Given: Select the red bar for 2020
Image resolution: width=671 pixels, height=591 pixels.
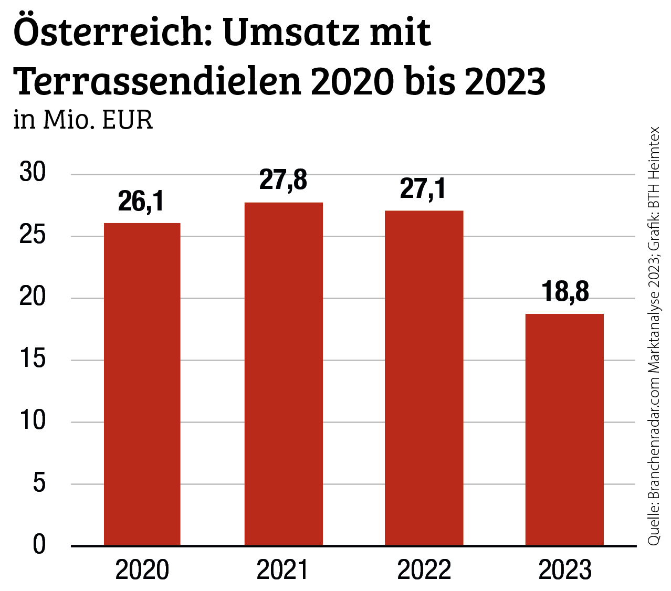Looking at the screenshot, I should pyautogui.click(x=142, y=384).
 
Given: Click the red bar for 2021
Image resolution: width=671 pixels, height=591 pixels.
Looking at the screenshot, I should pyautogui.click(x=284, y=374).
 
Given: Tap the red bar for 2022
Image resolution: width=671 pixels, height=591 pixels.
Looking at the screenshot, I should pyautogui.click(x=424, y=378).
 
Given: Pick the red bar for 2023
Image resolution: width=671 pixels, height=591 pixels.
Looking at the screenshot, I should pyautogui.click(x=564, y=429).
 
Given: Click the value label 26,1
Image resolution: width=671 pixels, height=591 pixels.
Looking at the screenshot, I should pyautogui.click(x=141, y=202).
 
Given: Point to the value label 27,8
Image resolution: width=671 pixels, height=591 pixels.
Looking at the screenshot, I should pyautogui.click(x=283, y=181).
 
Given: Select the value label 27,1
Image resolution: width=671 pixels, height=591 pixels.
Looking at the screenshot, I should pyautogui.click(x=423, y=189).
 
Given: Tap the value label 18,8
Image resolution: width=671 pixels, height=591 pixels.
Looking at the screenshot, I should pyautogui.click(x=565, y=292).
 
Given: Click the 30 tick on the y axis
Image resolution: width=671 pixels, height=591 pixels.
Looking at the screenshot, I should pyautogui.click(x=33, y=173).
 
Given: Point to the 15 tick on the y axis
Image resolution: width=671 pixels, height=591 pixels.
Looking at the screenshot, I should pyautogui.click(x=33, y=360).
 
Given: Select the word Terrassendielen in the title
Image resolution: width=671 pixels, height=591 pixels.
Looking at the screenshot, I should pyautogui.click(x=158, y=82).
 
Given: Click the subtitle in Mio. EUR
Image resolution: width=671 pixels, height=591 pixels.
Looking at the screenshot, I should pyautogui.click(x=83, y=120).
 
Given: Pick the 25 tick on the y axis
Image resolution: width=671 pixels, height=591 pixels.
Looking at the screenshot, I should pyautogui.click(x=33, y=235).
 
